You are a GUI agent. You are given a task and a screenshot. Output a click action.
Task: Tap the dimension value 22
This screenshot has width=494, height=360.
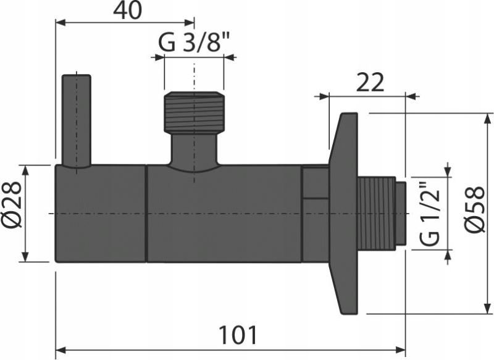click(x=370, y=82)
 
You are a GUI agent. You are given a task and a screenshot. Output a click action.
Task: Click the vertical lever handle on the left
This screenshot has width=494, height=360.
click(x=77, y=120)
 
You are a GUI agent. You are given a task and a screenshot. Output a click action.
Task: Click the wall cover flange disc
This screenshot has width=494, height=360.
click(x=343, y=214)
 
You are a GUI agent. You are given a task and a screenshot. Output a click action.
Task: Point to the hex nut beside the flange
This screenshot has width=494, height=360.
click(x=316, y=214)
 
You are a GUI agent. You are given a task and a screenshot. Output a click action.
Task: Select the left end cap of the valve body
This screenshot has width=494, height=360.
click(x=100, y=214)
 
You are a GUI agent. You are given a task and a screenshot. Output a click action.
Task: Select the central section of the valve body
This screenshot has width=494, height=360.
click(x=222, y=214)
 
